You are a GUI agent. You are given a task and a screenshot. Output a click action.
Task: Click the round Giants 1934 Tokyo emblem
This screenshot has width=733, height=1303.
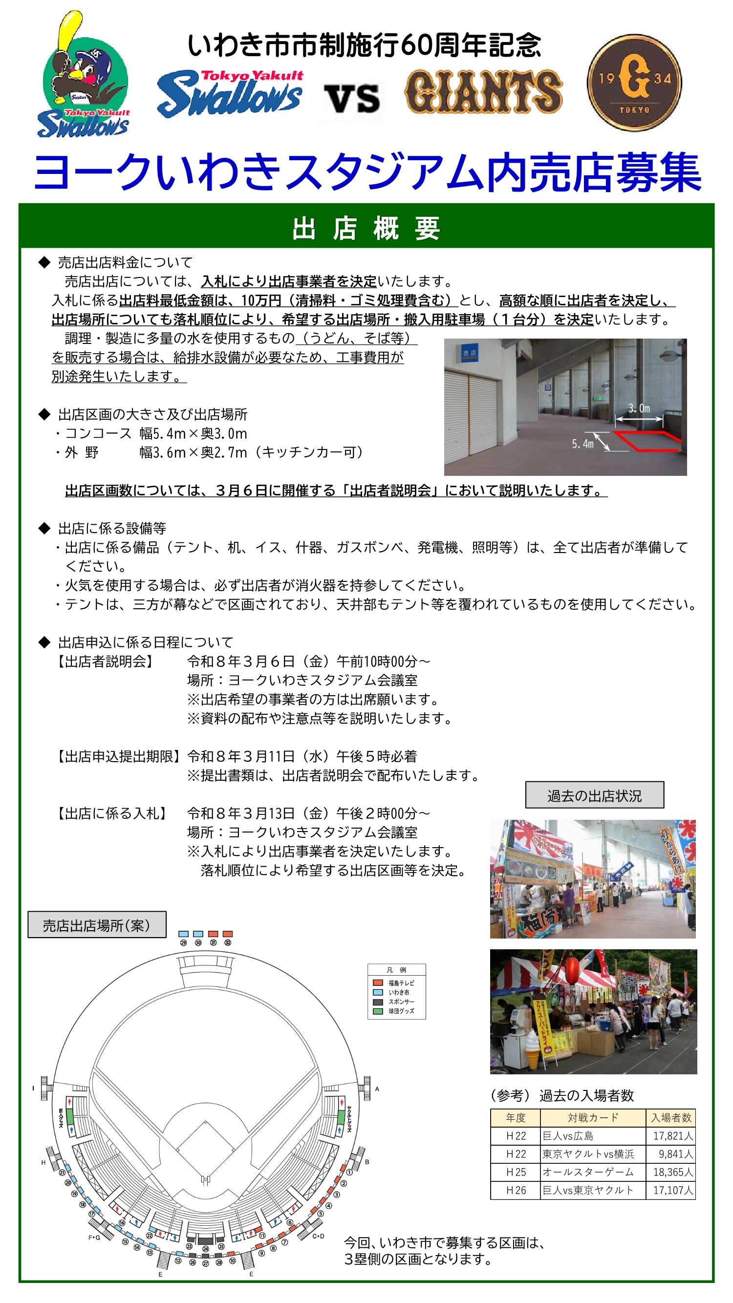pyautogui.click(x=634, y=83)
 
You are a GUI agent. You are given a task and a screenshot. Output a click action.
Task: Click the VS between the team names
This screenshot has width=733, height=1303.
pyautogui.click(x=351, y=99)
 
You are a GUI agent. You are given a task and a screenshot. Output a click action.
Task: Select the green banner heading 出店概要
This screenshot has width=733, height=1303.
pyautogui.click(x=366, y=228)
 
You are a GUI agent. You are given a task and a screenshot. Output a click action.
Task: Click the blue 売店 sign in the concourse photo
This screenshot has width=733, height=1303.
pyautogui.click(x=469, y=353)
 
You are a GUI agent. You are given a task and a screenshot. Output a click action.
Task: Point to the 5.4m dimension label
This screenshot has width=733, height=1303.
pyautogui.click(x=582, y=444)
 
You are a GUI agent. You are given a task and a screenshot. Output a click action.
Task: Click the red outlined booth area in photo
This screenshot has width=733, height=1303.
pyautogui.click(x=647, y=441)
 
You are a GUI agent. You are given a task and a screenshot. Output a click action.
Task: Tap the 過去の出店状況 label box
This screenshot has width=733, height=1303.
pyautogui.click(x=594, y=796)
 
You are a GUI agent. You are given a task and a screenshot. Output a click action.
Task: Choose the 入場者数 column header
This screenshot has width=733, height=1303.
pyautogui.click(x=670, y=1118)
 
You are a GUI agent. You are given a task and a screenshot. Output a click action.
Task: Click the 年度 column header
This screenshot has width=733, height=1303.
pyautogui.click(x=516, y=1118)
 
